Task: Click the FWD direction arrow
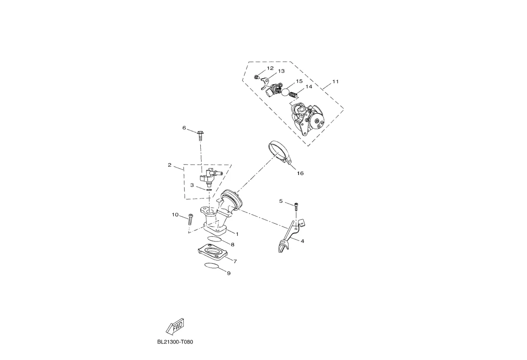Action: [x=175, y=327]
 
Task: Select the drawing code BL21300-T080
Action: [x=175, y=342]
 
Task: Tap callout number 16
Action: [x=300, y=173]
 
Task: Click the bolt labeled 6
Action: [x=200, y=135]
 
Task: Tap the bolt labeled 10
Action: [x=190, y=219]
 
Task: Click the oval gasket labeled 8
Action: [x=215, y=239]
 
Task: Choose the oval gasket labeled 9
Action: [x=212, y=265]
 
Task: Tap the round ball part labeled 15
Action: [x=285, y=92]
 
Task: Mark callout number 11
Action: [x=335, y=82]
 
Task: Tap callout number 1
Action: [x=237, y=234]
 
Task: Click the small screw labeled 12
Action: [x=256, y=77]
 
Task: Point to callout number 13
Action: [x=281, y=71]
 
